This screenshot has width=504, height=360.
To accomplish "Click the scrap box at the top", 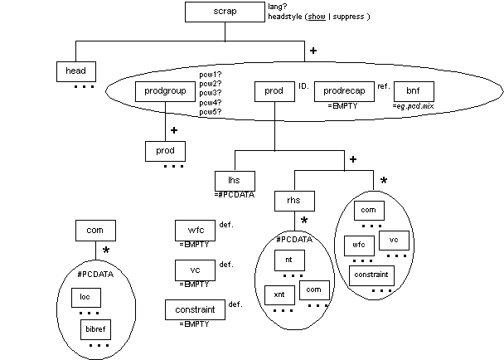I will [x=224, y=12].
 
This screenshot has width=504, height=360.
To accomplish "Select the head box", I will [x=77, y=71].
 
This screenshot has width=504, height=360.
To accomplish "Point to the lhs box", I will [x=233, y=180].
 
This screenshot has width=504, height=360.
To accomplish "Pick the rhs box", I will [x=294, y=202].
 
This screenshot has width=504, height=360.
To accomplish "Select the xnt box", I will [x=279, y=294].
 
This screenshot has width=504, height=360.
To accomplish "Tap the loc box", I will [x=85, y=296].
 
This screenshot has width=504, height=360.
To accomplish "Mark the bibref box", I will [x=98, y=329].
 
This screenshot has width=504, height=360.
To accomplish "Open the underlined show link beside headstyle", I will [x=315, y=17].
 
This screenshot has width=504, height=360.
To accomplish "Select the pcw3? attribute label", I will [x=210, y=93].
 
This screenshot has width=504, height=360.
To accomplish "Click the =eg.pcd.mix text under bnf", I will [x=414, y=106].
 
